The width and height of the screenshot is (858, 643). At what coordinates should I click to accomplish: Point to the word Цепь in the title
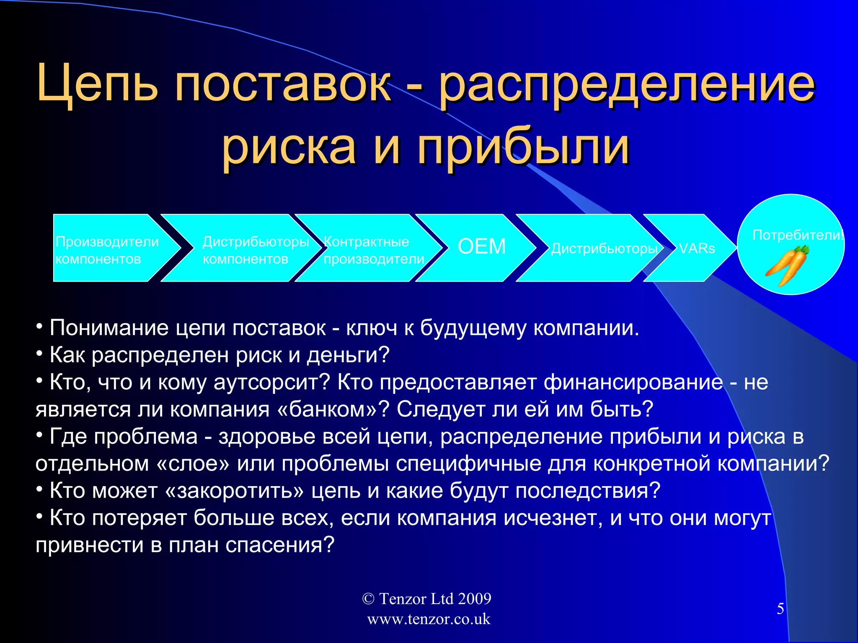(x=97, y=84)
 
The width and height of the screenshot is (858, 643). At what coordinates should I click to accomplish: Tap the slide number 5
(x=780, y=609)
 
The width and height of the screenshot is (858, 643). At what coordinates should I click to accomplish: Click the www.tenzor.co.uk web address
(x=428, y=619)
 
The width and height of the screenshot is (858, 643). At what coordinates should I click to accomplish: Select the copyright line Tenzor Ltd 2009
(x=426, y=599)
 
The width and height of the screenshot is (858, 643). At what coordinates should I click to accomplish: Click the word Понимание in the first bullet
(x=109, y=328)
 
